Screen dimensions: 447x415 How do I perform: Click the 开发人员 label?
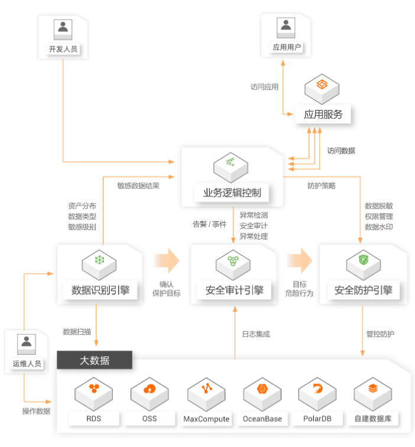coord(63,49)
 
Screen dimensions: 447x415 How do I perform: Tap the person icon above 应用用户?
coord(287,26)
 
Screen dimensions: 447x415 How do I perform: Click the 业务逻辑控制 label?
coord(232,193)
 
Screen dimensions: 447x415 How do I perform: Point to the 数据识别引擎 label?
coord(100,290)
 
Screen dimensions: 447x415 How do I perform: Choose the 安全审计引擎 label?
coord(234,290)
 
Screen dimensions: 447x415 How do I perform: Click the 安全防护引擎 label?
coord(363,290)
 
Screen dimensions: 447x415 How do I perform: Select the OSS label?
coord(150,419)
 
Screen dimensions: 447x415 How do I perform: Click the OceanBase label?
coord(262,419)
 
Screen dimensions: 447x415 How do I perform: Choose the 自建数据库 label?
coord(374,419)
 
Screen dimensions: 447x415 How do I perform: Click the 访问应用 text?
coord(264,86)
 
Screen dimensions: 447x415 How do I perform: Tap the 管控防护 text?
coord(380,334)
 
